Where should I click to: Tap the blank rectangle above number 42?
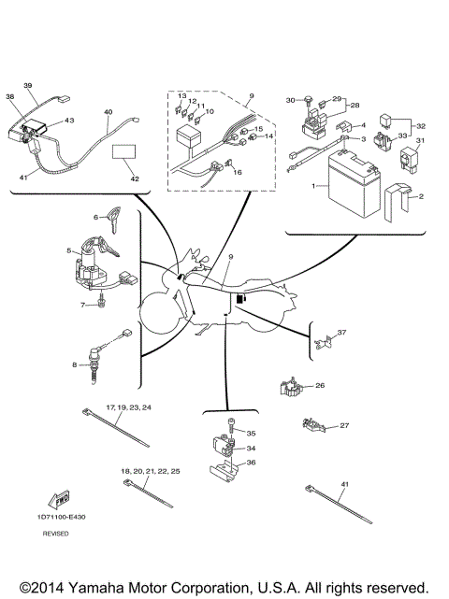(124, 155)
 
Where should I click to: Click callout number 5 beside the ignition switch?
(68, 250)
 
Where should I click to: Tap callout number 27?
(344, 426)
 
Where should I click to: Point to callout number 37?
(342, 333)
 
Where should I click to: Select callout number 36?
(251, 462)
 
